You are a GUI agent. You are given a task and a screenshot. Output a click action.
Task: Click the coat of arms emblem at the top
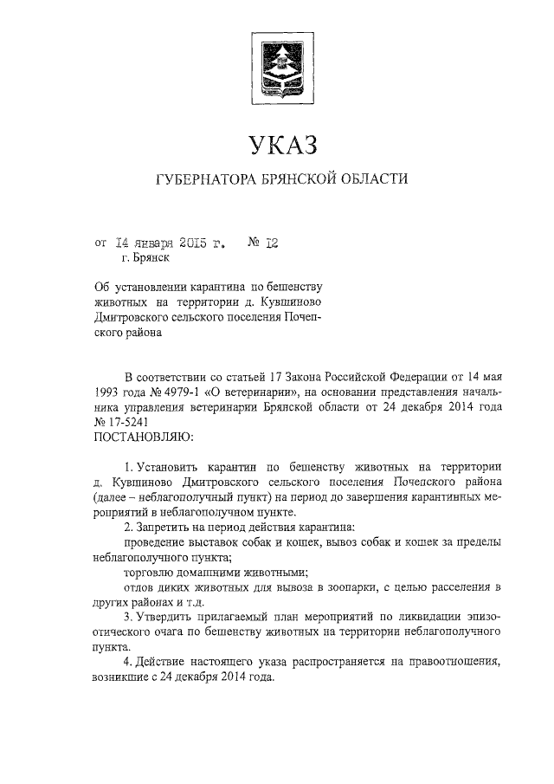point(279,67)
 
